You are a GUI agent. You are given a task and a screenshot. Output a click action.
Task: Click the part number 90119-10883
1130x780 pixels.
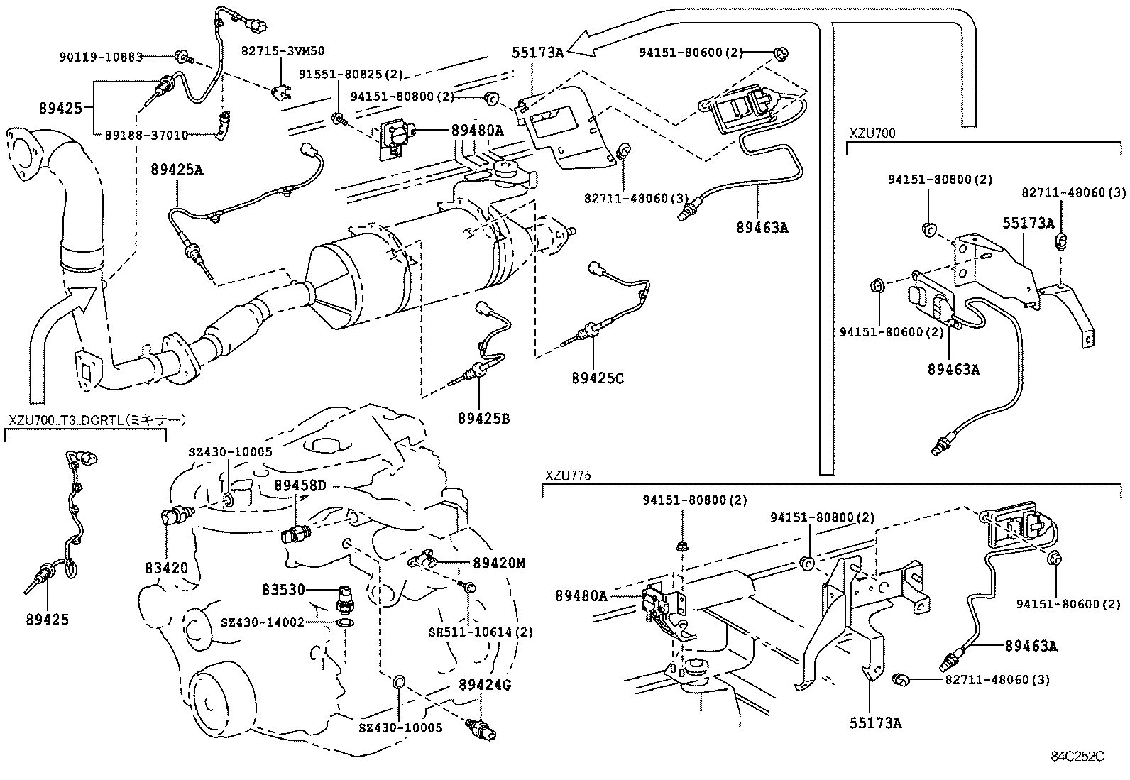[102, 56]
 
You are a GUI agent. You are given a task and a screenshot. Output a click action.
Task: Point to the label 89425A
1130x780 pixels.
[176, 169]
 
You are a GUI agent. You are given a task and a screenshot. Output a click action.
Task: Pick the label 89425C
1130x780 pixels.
[597, 378]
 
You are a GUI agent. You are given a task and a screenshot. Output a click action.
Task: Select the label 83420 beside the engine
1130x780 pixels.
[166, 568]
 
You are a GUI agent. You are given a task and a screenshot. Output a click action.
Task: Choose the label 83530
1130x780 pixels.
[282, 589]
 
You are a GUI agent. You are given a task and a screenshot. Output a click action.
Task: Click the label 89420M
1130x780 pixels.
[499, 563]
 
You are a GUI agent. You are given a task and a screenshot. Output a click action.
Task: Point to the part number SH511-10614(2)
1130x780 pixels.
[481, 632]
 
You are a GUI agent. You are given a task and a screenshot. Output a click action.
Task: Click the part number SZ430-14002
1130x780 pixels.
[262, 622]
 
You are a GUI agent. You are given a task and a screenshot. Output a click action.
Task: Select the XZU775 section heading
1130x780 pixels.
[568, 475]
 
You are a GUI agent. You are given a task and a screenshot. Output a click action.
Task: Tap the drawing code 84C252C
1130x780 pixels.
[1077, 757]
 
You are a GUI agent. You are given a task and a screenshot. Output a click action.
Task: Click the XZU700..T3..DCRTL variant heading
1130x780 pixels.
[97, 421]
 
